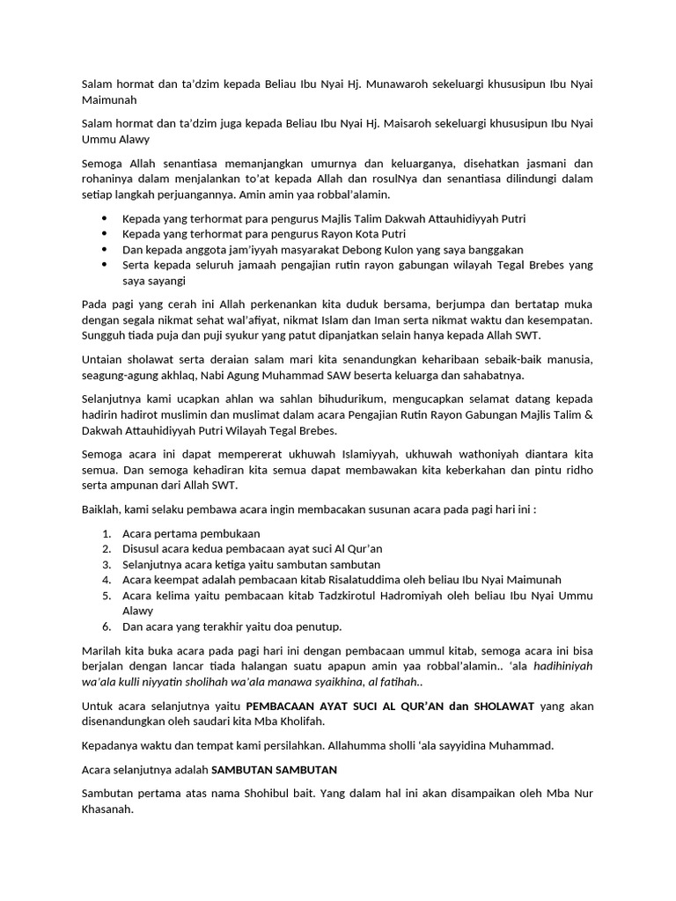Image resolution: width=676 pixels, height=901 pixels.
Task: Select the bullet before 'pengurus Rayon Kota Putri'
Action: click(105, 233)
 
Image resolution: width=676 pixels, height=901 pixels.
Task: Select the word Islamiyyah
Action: click(367, 455)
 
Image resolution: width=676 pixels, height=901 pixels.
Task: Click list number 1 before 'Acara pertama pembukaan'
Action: click(106, 533)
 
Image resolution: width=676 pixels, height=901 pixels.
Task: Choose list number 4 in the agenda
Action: click(106, 580)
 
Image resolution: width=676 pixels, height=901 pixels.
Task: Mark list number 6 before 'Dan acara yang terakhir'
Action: click(106, 626)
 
